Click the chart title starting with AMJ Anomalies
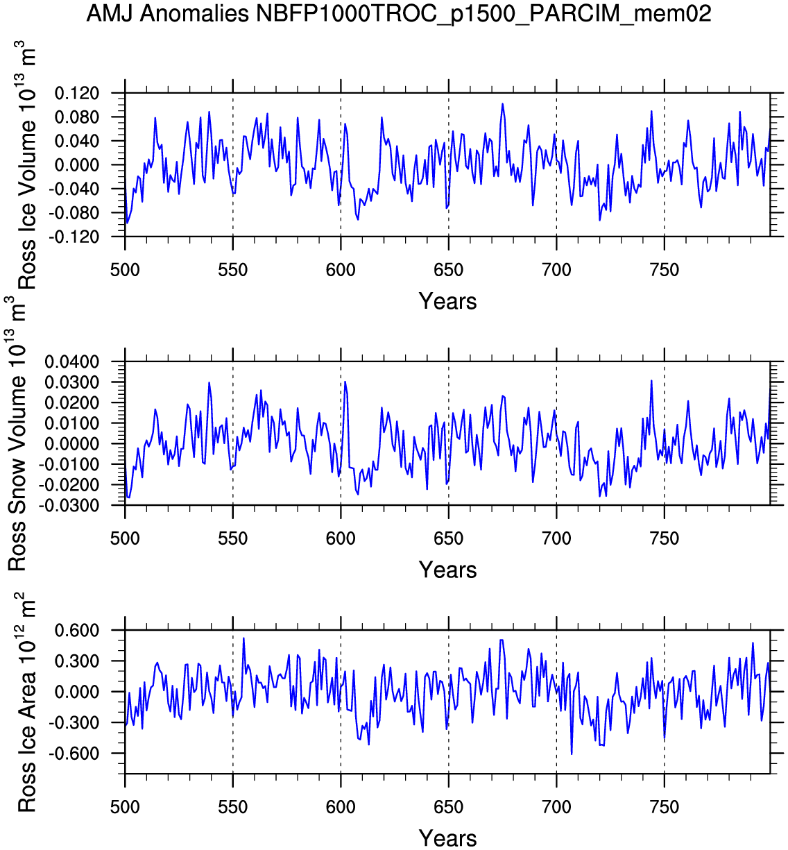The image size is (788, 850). [x=399, y=13]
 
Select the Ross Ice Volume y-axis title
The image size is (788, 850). [x=26, y=167]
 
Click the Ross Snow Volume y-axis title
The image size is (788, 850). [x=17, y=434]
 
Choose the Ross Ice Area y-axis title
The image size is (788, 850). [x=26, y=702]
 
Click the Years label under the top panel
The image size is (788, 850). [x=447, y=301]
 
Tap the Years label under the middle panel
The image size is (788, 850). [x=447, y=570]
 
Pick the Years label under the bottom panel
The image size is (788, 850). [x=447, y=838]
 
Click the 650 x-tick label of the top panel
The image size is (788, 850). [x=448, y=270]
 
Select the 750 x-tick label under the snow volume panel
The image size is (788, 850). [x=664, y=538]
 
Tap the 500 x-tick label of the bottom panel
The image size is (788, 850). [x=125, y=807]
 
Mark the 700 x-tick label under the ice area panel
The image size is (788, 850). [x=556, y=807]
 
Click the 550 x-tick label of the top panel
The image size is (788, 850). [x=232, y=270]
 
